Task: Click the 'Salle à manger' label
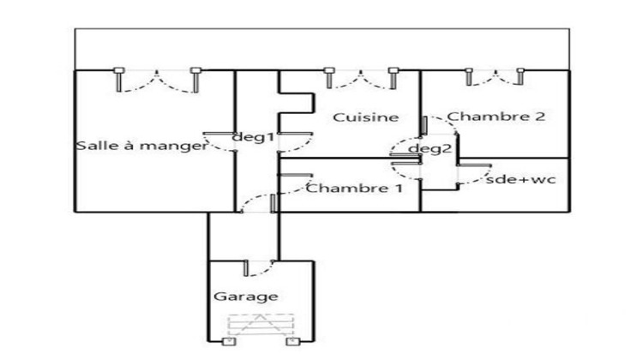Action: click(141, 146)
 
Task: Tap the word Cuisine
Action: click(366, 117)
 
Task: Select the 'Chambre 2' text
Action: click(496, 117)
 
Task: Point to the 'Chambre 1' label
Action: click(354, 189)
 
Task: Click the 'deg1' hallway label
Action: click(253, 137)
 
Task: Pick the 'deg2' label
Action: click(430, 148)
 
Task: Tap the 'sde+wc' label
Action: click(520, 179)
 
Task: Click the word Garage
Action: click(246, 297)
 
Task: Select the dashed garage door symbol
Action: click(261, 325)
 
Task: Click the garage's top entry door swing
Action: click(259, 268)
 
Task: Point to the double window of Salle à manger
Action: click(158, 80)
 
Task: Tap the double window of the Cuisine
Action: click(361, 78)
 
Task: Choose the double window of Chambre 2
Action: click(495, 77)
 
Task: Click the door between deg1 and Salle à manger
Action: click(219, 142)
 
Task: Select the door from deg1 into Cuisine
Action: click(295, 142)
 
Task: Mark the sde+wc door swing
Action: click(475, 175)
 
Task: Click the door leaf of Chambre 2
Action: click(424, 125)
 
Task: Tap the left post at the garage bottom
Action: click(228, 341)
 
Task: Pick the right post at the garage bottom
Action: click(293, 341)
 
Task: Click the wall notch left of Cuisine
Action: click(296, 103)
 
